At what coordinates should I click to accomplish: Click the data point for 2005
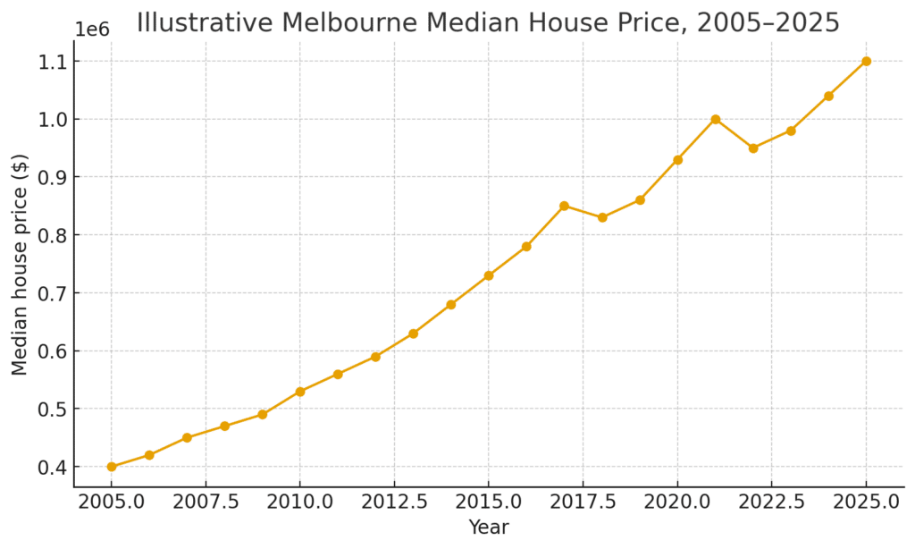point(112,467)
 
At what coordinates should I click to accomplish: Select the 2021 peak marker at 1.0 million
point(716,119)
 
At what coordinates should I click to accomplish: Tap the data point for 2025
point(866,61)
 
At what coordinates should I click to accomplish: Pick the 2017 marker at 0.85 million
point(565,206)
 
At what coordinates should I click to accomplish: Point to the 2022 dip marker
point(753,148)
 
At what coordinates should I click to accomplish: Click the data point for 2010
point(300,392)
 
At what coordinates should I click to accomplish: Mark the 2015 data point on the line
point(489,275)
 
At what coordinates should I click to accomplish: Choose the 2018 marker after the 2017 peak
point(602,217)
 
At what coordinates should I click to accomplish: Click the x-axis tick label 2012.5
point(394,502)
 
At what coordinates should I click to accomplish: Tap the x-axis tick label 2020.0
point(677,502)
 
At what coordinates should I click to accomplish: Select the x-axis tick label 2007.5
point(206,502)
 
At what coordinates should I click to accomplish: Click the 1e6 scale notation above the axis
point(91,30)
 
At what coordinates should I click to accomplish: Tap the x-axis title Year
point(489,528)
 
